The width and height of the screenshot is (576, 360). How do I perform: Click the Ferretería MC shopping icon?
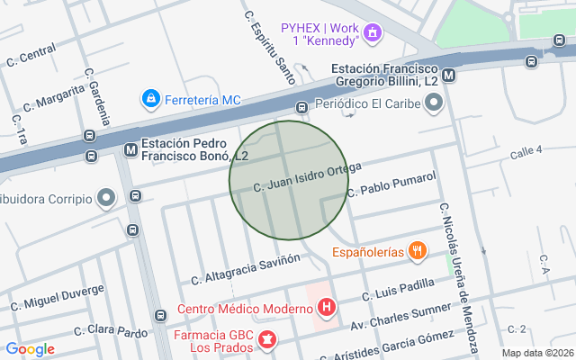tap(150, 97)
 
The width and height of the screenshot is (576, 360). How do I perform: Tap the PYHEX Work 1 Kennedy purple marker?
tap(373, 34)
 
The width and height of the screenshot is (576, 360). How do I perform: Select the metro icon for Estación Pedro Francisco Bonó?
tap(130, 149)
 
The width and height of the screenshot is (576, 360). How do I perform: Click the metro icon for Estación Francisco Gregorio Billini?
tap(448, 76)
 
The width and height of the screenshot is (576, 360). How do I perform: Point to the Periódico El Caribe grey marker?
tap(434, 103)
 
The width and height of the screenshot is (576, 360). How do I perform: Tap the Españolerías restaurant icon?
tap(417, 252)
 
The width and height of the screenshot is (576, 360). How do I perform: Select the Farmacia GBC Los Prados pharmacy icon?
tap(266, 339)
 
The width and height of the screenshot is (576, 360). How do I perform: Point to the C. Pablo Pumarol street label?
tap(391, 184)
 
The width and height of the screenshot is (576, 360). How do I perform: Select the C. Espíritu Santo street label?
tap(270, 47)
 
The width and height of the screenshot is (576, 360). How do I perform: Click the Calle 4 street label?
tap(526, 153)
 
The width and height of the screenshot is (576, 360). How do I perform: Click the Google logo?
tap(30, 349)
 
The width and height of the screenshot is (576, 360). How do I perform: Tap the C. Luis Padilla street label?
tap(398, 290)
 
